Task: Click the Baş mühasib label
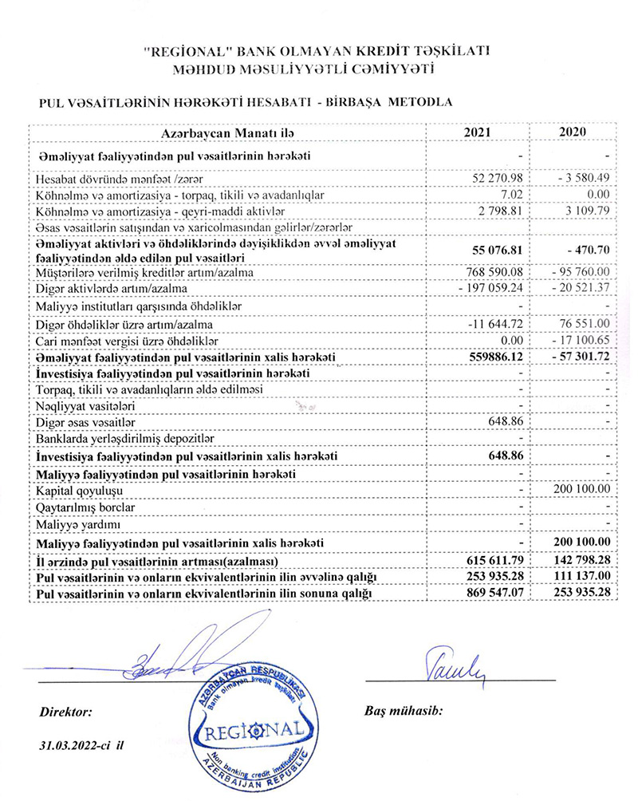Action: click(x=403, y=709)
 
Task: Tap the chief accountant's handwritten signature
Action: click(x=451, y=662)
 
